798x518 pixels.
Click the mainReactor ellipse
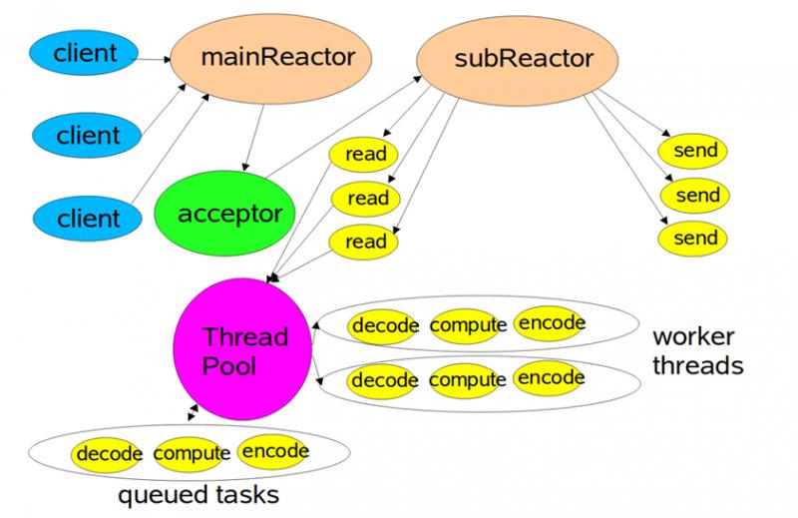click(x=270, y=59)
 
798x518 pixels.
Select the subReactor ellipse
click(x=517, y=60)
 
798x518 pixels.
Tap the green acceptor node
click(x=224, y=213)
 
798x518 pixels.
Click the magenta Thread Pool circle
click(x=242, y=349)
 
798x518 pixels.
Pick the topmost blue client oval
click(x=84, y=53)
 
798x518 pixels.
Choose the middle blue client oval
click(x=87, y=135)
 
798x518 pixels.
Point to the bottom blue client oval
click(x=87, y=219)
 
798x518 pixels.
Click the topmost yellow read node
click(x=363, y=155)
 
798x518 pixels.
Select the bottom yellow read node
click(x=363, y=242)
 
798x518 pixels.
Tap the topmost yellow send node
click(x=692, y=151)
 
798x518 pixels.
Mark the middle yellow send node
click(x=694, y=195)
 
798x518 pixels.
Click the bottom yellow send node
click(x=692, y=239)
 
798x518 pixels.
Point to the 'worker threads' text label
click(x=697, y=351)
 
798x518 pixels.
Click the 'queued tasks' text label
click(x=199, y=495)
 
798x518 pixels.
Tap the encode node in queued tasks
click(x=272, y=452)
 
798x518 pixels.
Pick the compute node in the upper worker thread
click(x=465, y=326)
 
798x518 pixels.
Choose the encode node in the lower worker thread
click(x=550, y=378)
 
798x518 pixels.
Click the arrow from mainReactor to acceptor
click(x=254, y=138)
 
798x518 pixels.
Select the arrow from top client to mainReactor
click(x=151, y=60)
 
